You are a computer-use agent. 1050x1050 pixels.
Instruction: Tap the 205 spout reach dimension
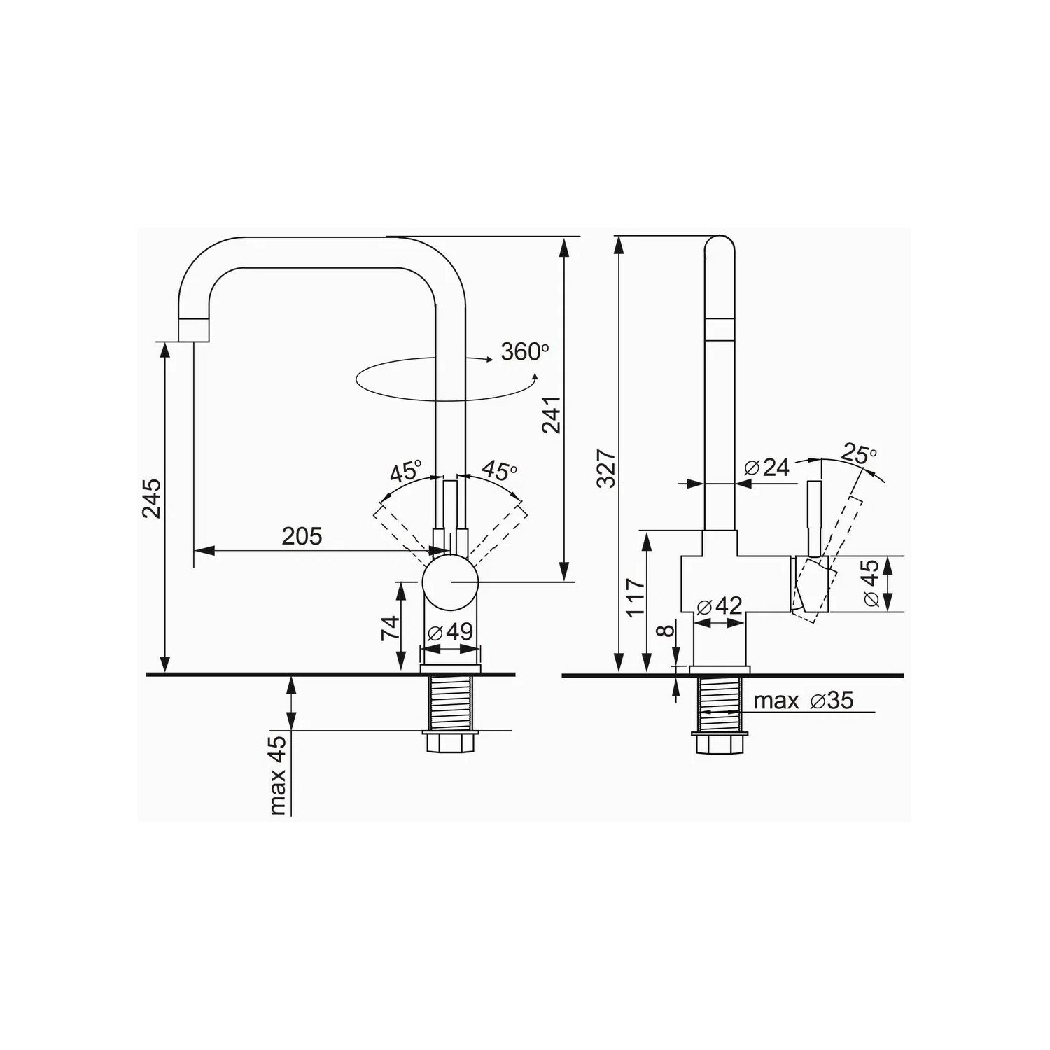tap(302, 536)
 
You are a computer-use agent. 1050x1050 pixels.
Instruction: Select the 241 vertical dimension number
tap(552, 414)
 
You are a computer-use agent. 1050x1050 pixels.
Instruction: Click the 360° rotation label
tap(524, 351)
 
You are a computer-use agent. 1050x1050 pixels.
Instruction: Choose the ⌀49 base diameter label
tap(450, 632)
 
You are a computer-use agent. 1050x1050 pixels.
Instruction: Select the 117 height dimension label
tap(636, 597)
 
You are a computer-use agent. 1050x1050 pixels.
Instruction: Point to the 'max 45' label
tap(279, 776)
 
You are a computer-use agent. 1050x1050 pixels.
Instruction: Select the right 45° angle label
tap(498, 471)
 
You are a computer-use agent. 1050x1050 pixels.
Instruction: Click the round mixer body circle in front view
tap(450, 583)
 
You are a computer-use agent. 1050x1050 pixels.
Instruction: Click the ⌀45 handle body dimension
tap(871, 584)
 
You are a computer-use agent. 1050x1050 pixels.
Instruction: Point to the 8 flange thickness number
tap(667, 630)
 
